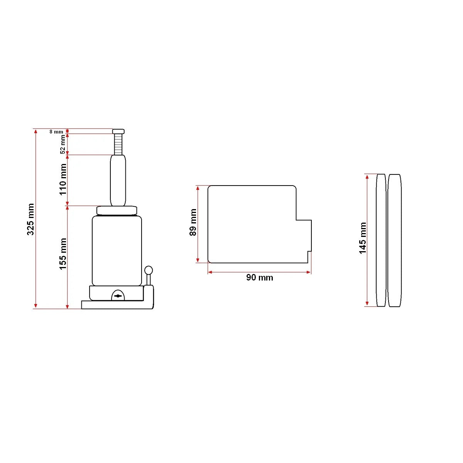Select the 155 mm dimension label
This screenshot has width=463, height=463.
click(x=63, y=253)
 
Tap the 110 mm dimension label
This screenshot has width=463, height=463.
click(x=63, y=179)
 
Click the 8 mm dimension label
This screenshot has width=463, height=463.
click(x=56, y=132)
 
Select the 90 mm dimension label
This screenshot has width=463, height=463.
click(x=259, y=277)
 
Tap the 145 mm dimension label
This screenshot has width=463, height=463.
click(x=363, y=238)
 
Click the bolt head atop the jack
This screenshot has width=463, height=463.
click(x=118, y=131)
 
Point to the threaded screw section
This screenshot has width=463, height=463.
click(x=118, y=144)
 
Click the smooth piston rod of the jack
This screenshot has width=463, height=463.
click(x=118, y=180)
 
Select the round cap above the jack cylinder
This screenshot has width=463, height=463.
click(x=117, y=211)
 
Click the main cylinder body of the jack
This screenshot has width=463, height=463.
click(x=117, y=251)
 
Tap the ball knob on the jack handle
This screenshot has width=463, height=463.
click(x=149, y=270)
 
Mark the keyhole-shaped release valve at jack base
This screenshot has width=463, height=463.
click(x=118, y=296)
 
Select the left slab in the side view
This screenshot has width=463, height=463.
click(x=381, y=240)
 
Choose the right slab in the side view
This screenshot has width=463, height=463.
click(x=394, y=240)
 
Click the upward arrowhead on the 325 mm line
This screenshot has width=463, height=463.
click(x=35, y=132)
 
